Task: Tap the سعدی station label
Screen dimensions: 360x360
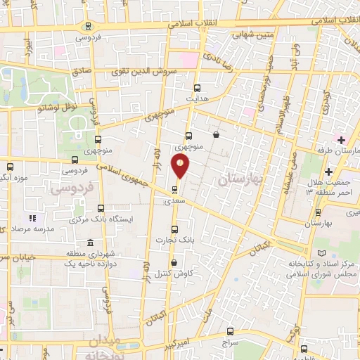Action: (174, 200)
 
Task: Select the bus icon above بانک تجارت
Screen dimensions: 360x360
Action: (174, 229)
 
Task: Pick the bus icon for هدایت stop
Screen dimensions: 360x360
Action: (197, 89)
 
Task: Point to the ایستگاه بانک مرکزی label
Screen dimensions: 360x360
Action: (101, 220)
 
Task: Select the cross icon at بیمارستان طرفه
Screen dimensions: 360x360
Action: (341, 141)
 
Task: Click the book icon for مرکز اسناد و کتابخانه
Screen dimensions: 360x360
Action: (321, 252)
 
